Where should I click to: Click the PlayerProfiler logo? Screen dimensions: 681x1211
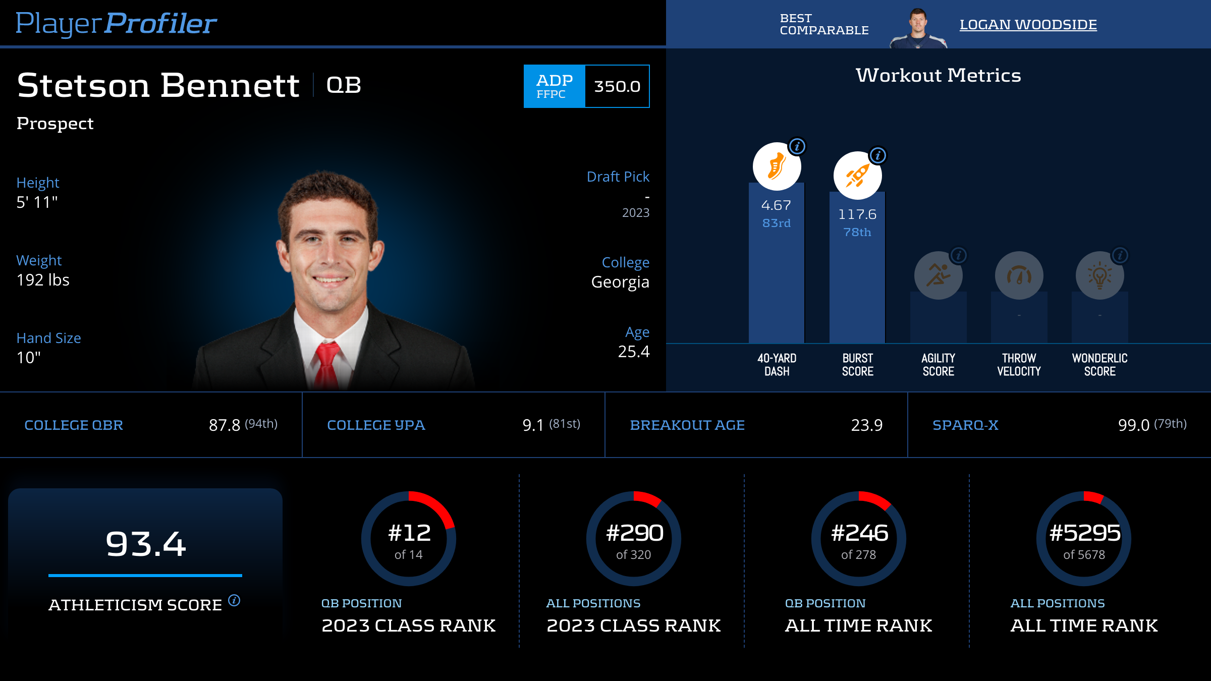[x=116, y=23]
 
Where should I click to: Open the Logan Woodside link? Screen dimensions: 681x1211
[x=1028, y=25]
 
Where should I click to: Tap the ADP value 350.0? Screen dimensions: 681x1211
[x=617, y=86]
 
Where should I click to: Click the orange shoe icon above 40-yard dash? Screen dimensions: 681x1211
[x=777, y=166]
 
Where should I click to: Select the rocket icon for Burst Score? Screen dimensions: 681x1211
[x=857, y=176]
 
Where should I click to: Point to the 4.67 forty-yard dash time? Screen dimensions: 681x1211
[x=776, y=205]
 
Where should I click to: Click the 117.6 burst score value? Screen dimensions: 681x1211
[x=857, y=214]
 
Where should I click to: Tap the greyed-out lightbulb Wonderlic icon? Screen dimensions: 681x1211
[x=1099, y=275]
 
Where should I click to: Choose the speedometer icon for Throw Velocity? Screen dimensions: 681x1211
[x=1019, y=275]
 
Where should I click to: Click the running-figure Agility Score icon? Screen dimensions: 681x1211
[x=938, y=275]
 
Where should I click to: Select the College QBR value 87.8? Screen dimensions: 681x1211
[x=225, y=425]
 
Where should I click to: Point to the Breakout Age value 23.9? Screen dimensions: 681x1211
[x=866, y=425]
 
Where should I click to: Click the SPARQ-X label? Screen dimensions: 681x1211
[x=965, y=425]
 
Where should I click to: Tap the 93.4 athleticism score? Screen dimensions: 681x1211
[x=146, y=544]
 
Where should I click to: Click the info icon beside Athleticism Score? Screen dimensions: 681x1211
[x=234, y=600]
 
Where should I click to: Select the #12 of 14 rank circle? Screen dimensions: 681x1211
[x=409, y=539]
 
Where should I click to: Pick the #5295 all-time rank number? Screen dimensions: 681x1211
[x=1084, y=533]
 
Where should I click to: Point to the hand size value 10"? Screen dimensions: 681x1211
[x=29, y=358]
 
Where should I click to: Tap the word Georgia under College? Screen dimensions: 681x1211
[x=620, y=282]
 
